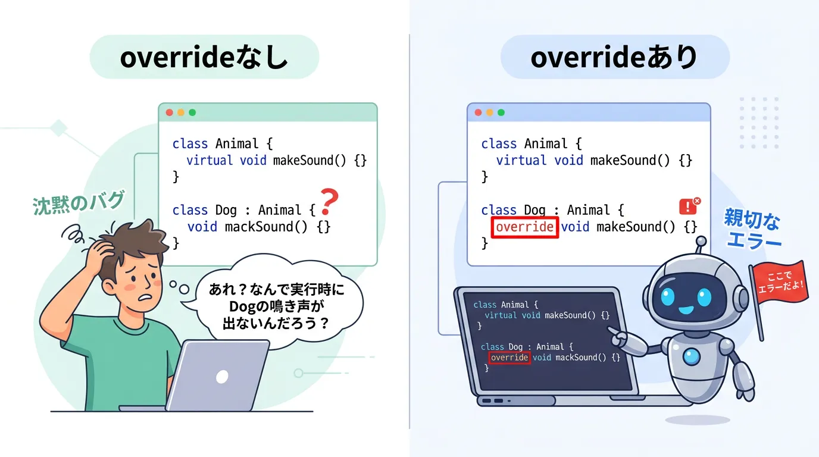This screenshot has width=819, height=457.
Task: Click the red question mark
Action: tap(329, 202)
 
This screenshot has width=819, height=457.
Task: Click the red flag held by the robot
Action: tap(779, 282)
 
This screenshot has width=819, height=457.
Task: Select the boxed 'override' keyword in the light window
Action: tap(525, 227)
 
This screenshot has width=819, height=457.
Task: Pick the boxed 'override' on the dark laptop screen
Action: tap(509, 358)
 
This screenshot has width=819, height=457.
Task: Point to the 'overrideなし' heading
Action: tap(204, 57)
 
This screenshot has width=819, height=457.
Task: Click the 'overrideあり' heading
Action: tap(615, 57)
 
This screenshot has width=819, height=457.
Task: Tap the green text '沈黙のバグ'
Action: tap(78, 202)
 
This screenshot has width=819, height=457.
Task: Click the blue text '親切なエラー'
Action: tap(752, 228)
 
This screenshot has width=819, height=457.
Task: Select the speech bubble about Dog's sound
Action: tap(277, 305)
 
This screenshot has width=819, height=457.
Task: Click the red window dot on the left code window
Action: tap(169, 112)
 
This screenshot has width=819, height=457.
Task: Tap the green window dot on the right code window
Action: tap(501, 112)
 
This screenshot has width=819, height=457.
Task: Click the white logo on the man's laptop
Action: tap(222, 377)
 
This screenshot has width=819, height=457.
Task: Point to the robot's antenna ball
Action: tap(701, 242)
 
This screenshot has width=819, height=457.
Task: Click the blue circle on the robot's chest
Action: tap(692, 356)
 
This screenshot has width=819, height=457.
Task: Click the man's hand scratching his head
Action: tap(99, 252)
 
